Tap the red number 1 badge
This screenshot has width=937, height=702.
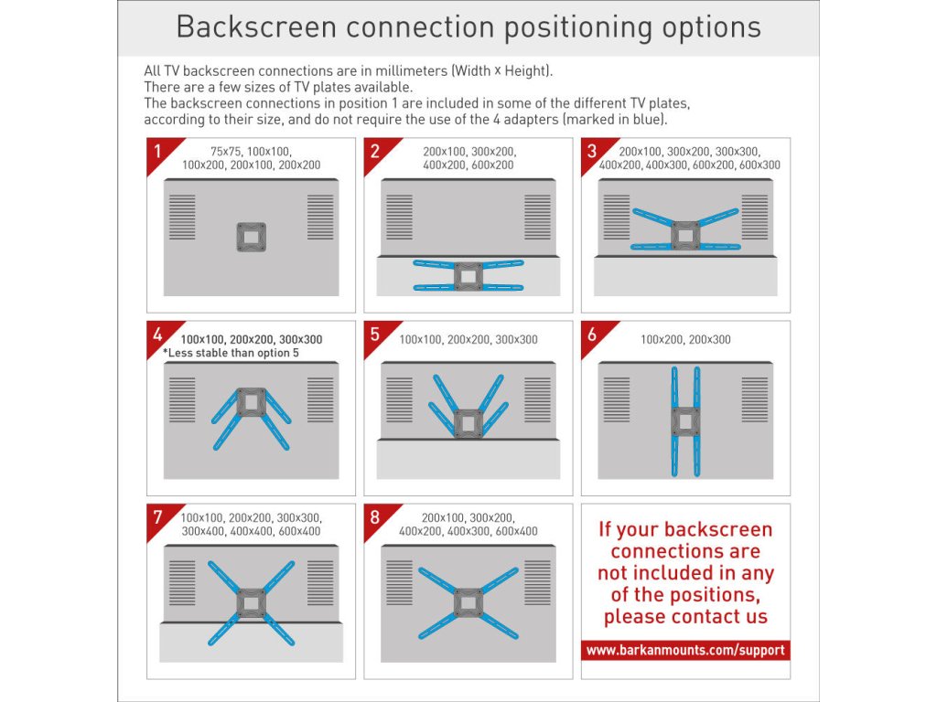tap(159, 152)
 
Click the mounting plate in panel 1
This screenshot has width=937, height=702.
tap(252, 237)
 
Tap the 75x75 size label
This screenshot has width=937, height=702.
tap(225, 152)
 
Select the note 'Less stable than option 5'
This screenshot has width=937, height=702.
tap(231, 353)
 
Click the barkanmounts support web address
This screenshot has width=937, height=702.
tap(685, 650)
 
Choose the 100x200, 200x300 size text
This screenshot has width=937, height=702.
tap(685, 340)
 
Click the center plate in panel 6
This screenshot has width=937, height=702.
tap(685, 422)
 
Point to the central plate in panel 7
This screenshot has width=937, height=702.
tap(252, 603)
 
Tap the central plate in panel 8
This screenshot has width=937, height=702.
tap(468, 603)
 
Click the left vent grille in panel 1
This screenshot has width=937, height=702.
tap(182, 217)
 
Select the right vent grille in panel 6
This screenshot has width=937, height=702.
tap(755, 399)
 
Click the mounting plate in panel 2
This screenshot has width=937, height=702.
tap(468, 276)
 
